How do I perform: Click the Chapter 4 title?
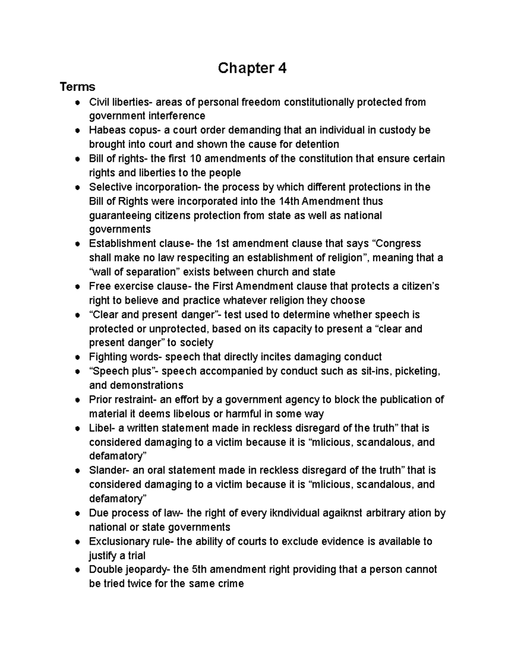tap(252, 68)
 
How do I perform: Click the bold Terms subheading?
tap(77, 87)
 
